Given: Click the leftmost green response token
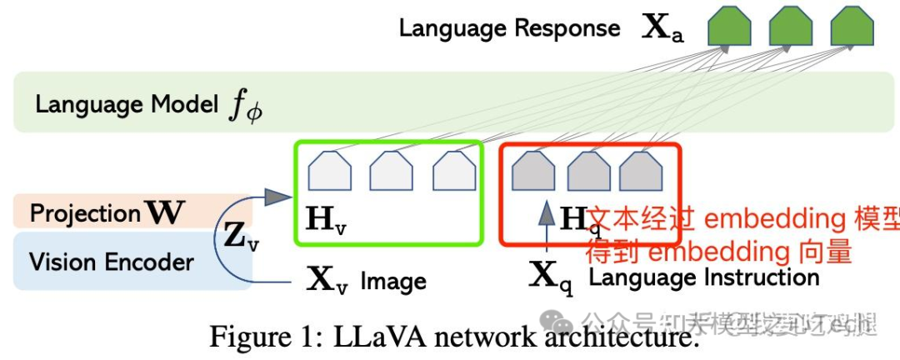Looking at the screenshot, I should click(729, 26).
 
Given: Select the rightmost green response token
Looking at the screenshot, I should click(852, 26).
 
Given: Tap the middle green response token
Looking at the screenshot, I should click(791, 26).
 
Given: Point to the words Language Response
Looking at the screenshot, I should click(509, 27).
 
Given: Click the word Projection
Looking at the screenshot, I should click(85, 213).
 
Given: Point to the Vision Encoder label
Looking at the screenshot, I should click(112, 262).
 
